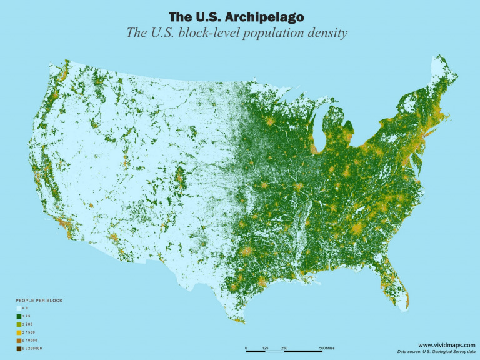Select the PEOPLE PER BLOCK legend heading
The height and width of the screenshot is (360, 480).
[x=39, y=301]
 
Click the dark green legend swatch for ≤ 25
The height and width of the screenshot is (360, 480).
[x=19, y=317]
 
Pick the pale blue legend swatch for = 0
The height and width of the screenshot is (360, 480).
[x=19, y=309]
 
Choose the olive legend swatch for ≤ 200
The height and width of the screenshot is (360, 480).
[x=19, y=325]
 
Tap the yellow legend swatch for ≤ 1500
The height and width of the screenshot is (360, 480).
[x=19, y=333]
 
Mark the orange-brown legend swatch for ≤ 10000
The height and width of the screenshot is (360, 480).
[x=19, y=341]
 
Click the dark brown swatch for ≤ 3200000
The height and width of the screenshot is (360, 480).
[x=19, y=349]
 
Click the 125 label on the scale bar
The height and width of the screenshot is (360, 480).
[x=265, y=347]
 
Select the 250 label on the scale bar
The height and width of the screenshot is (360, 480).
[x=284, y=347]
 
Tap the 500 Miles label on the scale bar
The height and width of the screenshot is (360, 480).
[x=327, y=347]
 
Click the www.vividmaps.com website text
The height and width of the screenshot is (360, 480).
[x=446, y=345]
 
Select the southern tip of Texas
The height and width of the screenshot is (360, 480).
[x=241, y=323]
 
